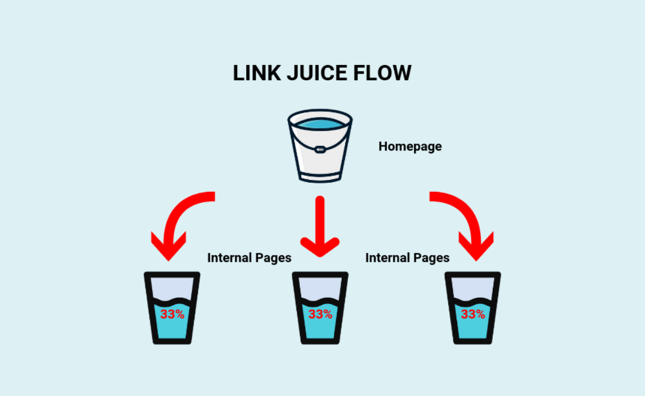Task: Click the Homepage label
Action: [x=410, y=147]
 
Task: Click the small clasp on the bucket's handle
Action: [x=320, y=150]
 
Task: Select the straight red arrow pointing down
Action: [x=320, y=226]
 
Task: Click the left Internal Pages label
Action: [x=249, y=258]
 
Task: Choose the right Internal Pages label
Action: [x=407, y=258]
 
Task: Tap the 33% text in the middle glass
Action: [x=320, y=314]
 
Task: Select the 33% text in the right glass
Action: [x=472, y=314]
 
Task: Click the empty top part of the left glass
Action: [x=171, y=287]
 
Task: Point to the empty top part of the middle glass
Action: [x=320, y=287]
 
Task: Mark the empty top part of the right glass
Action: [x=472, y=287]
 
